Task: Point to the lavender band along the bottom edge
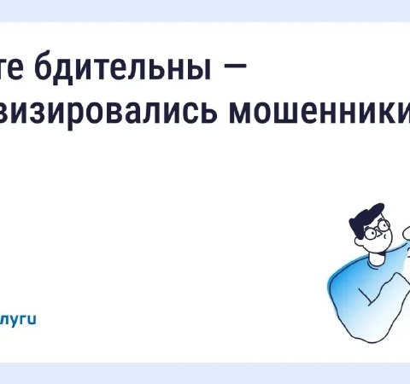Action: click(205, 373)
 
